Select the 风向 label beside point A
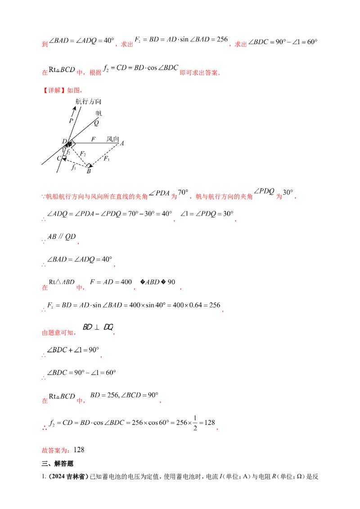[x=112, y=139]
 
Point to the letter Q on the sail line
[x=96, y=122]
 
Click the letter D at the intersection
[x=64, y=142]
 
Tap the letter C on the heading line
[x=58, y=158]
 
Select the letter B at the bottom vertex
[x=89, y=171]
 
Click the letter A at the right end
[x=122, y=143]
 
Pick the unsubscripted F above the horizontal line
[x=93, y=139]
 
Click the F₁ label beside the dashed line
[x=106, y=158]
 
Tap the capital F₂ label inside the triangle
[x=83, y=154]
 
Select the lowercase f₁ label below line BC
[x=73, y=168]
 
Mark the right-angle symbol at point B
[x=89, y=165]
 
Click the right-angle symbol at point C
[x=63, y=157]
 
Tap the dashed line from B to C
[x=75, y=162]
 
